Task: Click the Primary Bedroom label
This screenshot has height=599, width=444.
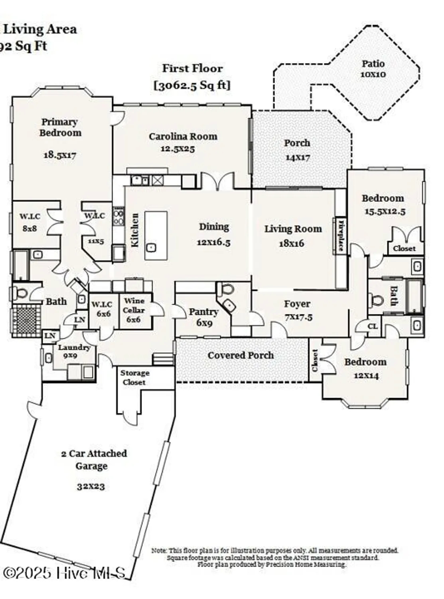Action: [60, 127]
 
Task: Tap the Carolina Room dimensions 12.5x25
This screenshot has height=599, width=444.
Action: [178, 149]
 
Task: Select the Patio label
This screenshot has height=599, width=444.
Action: [373, 63]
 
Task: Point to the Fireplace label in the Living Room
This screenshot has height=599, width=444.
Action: [341, 235]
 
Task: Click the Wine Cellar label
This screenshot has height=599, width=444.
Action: [134, 305]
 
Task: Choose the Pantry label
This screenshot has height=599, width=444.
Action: [203, 312]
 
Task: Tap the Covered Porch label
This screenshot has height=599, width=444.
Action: [241, 355]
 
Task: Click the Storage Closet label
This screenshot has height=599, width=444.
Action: [134, 377]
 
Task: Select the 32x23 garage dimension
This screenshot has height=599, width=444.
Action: [91, 486]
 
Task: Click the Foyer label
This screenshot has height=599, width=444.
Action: [297, 304]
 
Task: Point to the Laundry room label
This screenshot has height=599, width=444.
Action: [74, 347]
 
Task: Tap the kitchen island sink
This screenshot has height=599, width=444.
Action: [151, 248]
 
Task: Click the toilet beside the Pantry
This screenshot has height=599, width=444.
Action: [227, 288]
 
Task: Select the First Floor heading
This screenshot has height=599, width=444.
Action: [192, 69]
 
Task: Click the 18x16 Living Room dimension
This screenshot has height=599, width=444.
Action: [291, 243]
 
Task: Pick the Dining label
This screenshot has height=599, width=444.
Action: [214, 227]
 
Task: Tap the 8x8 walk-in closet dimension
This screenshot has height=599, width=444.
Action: [30, 229]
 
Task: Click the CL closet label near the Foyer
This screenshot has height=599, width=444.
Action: [372, 326]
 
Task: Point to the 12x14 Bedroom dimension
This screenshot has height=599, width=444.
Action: [366, 375]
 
